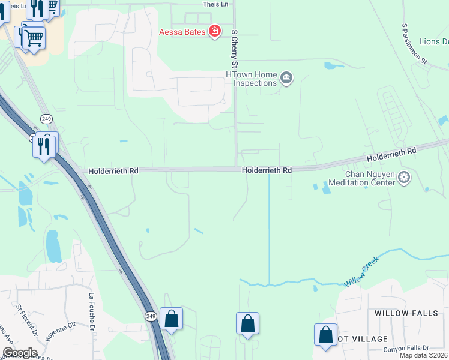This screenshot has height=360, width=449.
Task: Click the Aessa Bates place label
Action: (x=181, y=32)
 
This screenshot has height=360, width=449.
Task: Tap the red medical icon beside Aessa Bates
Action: (x=214, y=32)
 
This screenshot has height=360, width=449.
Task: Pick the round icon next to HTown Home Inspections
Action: (x=286, y=78)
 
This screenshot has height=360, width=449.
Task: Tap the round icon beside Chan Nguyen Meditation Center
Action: (x=405, y=178)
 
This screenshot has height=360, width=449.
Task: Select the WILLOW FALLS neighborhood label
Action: (x=407, y=313)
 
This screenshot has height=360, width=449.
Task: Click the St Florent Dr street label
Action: (x=27, y=322)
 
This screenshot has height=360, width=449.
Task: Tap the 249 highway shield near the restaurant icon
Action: (x=46, y=119)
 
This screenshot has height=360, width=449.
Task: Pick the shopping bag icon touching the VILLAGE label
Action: (x=325, y=335)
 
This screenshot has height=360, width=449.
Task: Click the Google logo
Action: (x=20, y=353)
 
